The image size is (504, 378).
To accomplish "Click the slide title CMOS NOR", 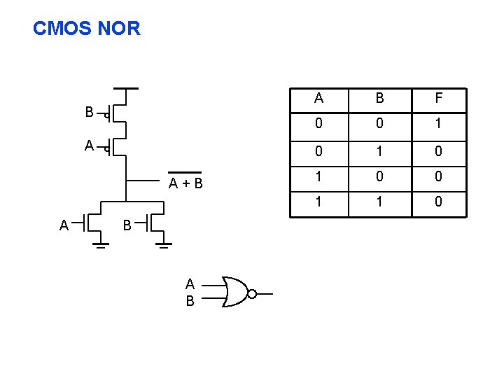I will (87, 29).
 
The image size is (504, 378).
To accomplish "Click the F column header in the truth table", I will (438, 99).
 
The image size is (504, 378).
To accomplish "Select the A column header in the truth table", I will (318, 99).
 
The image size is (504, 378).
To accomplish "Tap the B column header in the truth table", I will (379, 99).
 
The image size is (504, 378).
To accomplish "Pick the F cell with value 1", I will (438, 125).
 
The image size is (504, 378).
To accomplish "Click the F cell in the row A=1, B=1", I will (438, 202).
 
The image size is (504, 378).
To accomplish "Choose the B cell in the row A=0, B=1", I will (379, 150).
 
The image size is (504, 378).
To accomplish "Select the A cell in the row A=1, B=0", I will (318, 176).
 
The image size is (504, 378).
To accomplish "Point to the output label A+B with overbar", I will (185, 183).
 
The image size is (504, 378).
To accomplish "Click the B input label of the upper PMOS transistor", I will (89, 112).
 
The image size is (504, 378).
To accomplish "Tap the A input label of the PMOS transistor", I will (89, 146).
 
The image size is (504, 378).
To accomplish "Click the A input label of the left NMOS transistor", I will (64, 225).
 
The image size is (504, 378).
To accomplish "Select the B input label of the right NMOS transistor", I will (127, 225).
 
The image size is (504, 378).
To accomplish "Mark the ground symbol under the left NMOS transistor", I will (101, 246).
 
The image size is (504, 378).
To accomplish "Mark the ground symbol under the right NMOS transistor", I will (163, 246).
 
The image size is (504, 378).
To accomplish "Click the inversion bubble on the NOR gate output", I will (252, 294).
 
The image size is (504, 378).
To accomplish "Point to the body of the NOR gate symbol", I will (234, 291).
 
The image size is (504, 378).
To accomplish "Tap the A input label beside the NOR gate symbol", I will (190, 284).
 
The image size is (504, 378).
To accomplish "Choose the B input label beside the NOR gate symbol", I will (190, 302).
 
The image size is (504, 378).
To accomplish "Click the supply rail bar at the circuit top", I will (126, 89).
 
